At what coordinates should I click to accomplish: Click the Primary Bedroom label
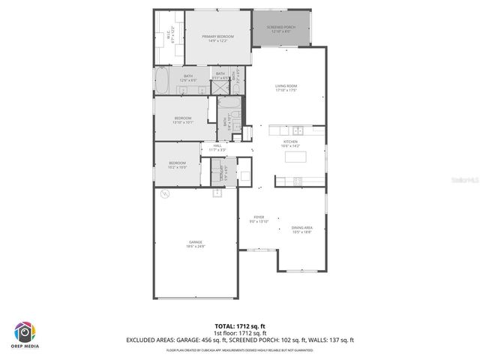tap(217, 38)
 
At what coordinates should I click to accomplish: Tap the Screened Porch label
tap(281, 30)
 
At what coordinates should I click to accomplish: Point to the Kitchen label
tap(290, 143)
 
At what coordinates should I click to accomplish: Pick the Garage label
tap(196, 244)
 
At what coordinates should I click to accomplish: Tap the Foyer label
tap(258, 219)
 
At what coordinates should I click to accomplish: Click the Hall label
tap(217, 148)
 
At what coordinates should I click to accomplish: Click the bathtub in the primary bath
tap(164, 77)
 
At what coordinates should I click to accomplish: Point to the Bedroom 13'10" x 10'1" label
tap(184, 120)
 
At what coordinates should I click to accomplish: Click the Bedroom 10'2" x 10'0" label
tap(177, 165)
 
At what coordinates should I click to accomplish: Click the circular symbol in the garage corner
tap(166, 194)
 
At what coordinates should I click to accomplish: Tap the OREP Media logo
tap(25, 334)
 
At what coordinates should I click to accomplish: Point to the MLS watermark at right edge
tap(466, 180)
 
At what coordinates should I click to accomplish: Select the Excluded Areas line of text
tap(240, 340)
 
